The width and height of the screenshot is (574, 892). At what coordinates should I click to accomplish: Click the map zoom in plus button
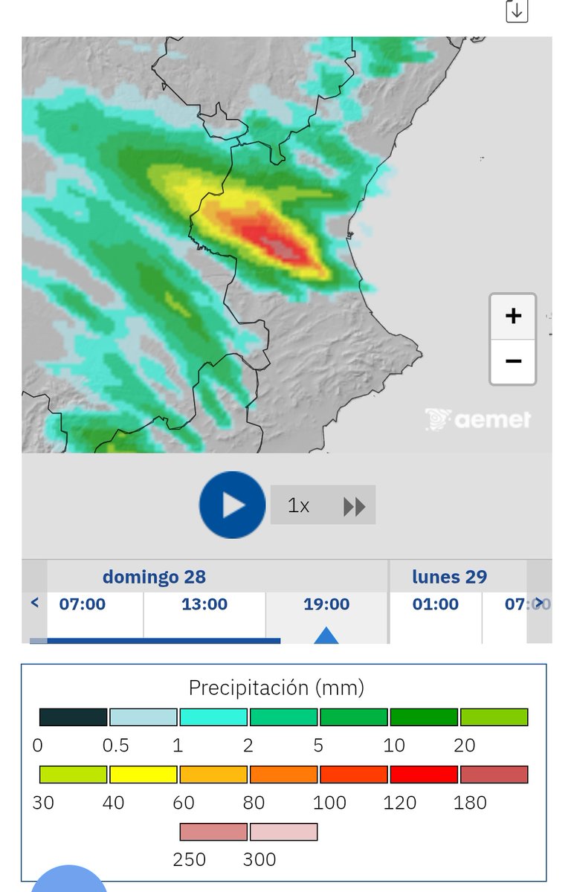pyautogui.click(x=513, y=316)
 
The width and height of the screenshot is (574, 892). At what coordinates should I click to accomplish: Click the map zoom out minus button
pyautogui.click(x=513, y=361)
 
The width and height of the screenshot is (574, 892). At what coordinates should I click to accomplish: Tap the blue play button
pyautogui.click(x=232, y=505)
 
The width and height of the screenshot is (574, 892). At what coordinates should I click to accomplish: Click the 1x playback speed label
pyautogui.click(x=298, y=505)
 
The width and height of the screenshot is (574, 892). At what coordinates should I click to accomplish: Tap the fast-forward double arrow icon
pyautogui.click(x=355, y=507)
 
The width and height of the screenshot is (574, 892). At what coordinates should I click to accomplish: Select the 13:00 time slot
pyautogui.click(x=204, y=604)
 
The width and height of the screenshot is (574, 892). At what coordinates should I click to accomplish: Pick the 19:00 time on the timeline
pyautogui.click(x=326, y=604)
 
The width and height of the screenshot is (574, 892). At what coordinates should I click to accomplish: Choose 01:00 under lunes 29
pyautogui.click(x=436, y=604)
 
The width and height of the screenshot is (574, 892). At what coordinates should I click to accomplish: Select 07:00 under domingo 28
pyautogui.click(x=83, y=604)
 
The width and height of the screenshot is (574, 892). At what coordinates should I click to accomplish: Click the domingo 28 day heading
pyautogui.click(x=154, y=577)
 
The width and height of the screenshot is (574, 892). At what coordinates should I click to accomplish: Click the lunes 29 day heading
pyautogui.click(x=450, y=577)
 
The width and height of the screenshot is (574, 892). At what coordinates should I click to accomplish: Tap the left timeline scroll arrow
pyautogui.click(x=34, y=603)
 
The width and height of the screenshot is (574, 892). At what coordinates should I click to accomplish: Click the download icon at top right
pyautogui.click(x=517, y=11)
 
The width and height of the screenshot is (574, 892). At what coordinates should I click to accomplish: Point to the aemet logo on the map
pyautogui.click(x=479, y=419)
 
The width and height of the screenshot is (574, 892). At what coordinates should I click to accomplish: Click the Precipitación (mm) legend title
pyautogui.click(x=277, y=688)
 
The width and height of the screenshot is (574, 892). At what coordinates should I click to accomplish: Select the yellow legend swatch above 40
pyautogui.click(x=143, y=775)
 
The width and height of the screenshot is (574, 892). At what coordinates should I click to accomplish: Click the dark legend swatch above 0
pyautogui.click(x=73, y=717)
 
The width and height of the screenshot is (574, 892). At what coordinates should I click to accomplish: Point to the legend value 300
pyautogui.click(x=259, y=860)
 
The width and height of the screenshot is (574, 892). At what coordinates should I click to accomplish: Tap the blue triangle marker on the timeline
pyautogui.click(x=326, y=636)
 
